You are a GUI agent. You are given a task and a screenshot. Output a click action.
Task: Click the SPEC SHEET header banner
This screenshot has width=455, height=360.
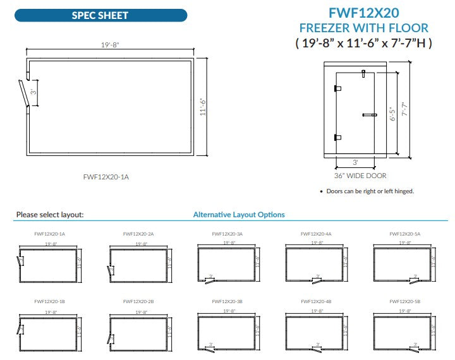coord(100,15)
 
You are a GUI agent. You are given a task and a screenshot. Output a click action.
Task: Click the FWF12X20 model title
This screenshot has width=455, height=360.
coord(363,13)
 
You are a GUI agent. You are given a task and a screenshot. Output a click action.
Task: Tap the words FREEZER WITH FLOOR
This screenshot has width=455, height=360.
coord(363,28)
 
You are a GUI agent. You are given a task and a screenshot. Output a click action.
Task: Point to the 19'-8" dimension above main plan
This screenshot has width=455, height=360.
coord(109,45)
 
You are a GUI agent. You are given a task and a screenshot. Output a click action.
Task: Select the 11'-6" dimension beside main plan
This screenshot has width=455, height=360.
coord(203,107)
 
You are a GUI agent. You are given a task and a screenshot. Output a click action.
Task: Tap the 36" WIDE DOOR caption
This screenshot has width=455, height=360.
coord(360,176)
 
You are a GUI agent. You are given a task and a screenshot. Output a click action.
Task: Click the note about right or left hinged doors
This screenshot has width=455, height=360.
coord(369,191)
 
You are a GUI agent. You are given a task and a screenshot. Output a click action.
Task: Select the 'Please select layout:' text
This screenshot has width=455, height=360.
coord(50,215)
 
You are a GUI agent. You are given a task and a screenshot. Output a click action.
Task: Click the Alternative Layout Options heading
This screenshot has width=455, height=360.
coord(239,215)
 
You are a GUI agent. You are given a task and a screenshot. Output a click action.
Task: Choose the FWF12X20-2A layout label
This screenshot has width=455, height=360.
coord(138,234)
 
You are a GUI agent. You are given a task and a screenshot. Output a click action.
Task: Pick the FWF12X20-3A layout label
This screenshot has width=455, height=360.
coord(227,234)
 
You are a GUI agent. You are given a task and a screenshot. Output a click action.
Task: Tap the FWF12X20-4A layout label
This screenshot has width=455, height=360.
coord(316,234)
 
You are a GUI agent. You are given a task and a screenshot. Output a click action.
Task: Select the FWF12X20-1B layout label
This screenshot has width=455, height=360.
coord(49,302)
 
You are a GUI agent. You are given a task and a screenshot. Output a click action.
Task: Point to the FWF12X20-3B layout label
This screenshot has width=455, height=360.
coord(227,302)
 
